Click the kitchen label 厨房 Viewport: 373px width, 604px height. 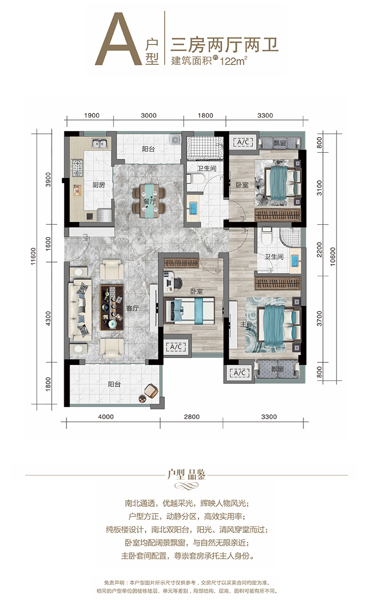pyautogui.click(x=99, y=185)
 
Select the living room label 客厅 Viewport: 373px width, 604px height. pyautogui.click(x=132, y=308)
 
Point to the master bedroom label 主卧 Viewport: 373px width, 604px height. pyautogui.click(x=246, y=324)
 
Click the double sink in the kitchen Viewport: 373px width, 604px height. pyautogui.click(x=99, y=143)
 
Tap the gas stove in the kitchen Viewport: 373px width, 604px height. pyautogui.click(x=77, y=167)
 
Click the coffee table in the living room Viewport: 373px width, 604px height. pyautogui.click(x=112, y=308)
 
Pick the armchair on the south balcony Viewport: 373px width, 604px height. pyautogui.click(x=151, y=391)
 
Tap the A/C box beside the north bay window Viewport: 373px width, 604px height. pyautogui.click(x=243, y=142)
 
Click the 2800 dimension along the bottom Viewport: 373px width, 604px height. pyautogui.click(x=192, y=417)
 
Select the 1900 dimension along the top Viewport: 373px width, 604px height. pyautogui.click(x=92, y=115)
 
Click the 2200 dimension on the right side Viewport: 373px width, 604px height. pyautogui.click(x=319, y=250)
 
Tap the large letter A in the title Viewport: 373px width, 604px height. pyautogui.click(x=119, y=38)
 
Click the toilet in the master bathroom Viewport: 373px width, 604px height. pyautogui.click(x=267, y=236)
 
